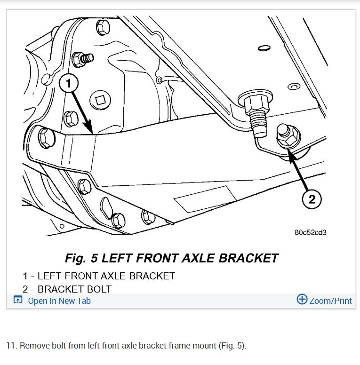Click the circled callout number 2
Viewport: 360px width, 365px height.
pyautogui.click(x=312, y=200)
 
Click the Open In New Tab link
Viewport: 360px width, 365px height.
pyautogui.click(x=59, y=301)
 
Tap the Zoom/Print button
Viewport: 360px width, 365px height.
pyautogui.click(x=330, y=301)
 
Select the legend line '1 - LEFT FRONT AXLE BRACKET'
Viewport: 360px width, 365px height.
pyautogui.click(x=99, y=276)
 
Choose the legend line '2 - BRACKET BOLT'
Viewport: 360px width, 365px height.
pyautogui.click(x=67, y=289)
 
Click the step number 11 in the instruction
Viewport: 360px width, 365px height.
pyautogui.click(x=11, y=346)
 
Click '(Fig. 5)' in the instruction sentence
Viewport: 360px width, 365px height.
pyautogui.click(x=232, y=346)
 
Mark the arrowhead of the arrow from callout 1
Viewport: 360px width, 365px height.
pyautogui.click(x=89, y=129)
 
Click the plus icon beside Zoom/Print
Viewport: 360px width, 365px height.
pyautogui.click(x=302, y=300)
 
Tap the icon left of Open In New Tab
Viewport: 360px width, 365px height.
pyautogui.click(x=17, y=300)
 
